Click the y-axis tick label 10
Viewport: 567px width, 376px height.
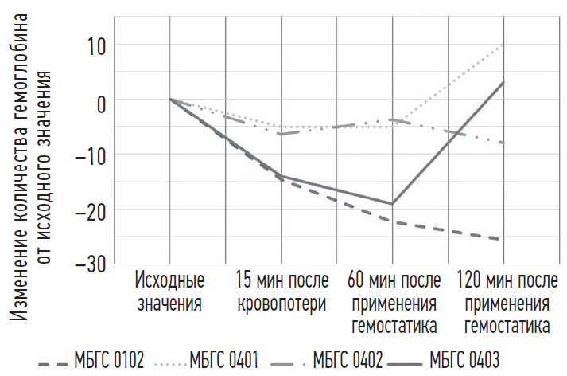pyautogui.click(x=94, y=45)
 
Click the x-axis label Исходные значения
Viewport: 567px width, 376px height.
pyautogui.click(x=169, y=292)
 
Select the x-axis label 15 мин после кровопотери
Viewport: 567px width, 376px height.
pyautogui.click(x=281, y=292)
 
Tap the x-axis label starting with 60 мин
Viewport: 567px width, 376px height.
pyautogui.click(x=392, y=303)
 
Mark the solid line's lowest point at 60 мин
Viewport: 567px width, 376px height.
pyautogui.click(x=392, y=204)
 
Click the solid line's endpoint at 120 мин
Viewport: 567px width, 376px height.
pyautogui.click(x=503, y=82)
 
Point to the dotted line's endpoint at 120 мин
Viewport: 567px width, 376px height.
pyautogui.click(x=503, y=45)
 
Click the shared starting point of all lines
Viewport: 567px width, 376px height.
pyautogui.click(x=170, y=100)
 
